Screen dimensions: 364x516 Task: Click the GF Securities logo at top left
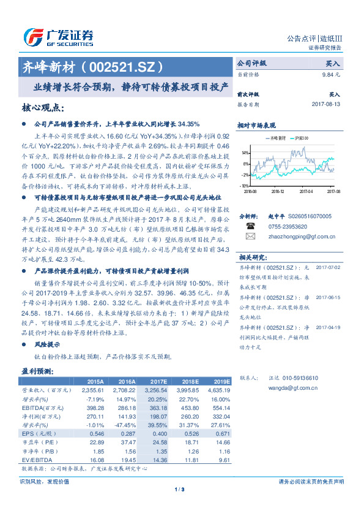(x=58, y=36)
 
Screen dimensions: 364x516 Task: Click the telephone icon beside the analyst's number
(x=250, y=225)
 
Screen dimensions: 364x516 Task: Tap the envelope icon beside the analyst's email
(x=250, y=234)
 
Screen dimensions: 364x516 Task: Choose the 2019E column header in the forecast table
(x=221, y=381)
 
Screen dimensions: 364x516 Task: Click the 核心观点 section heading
(x=42, y=108)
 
